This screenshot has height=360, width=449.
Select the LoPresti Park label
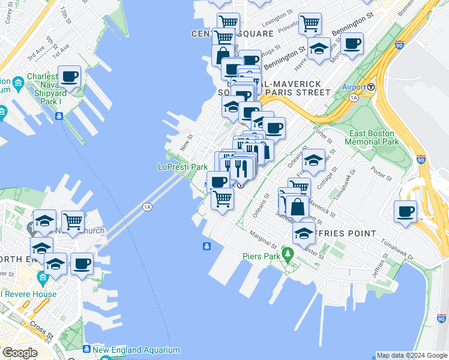tap(182, 167)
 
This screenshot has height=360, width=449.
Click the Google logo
tap(20, 353)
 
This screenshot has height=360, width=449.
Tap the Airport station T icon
tap(372, 87)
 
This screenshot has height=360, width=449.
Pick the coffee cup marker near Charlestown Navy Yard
tap(70, 77)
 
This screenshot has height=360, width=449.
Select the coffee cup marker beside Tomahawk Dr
tap(406, 212)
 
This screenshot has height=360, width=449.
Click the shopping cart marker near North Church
tap(73, 221)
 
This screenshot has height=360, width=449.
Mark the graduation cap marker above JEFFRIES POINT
tap(304, 233)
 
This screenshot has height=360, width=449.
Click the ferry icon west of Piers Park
tap(206, 246)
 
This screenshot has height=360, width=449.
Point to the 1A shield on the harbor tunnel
tap(148, 207)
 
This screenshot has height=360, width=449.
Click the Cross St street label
tap(41, 329)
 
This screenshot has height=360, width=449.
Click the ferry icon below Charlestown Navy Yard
tap(59, 116)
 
